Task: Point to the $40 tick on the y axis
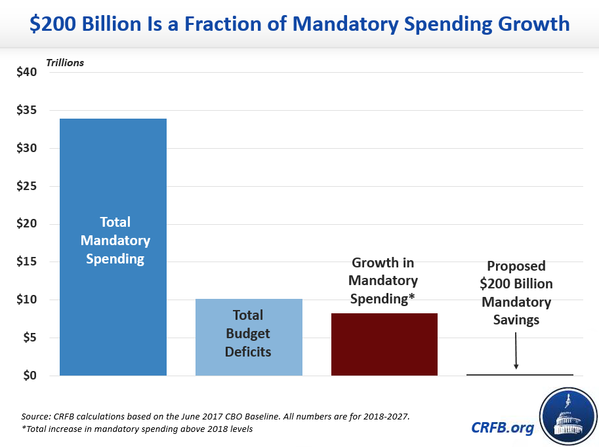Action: tap(27, 72)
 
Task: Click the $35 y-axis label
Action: tap(27, 110)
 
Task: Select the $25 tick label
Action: tap(27, 186)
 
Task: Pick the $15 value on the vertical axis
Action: tap(27, 262)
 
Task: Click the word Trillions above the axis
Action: tap(64, 63)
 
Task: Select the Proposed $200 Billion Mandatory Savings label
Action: tap(516, 293)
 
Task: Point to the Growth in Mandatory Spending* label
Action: tap(383, 281)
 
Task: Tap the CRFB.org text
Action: tap(503, 427)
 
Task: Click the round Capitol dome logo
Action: tap(568, 415)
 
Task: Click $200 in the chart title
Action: tap(51, 25)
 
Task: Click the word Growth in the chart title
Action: tap(529, 25)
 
